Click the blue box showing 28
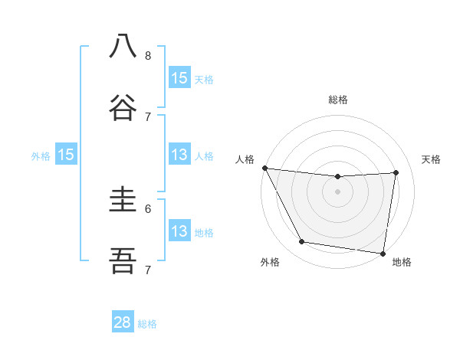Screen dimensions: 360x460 (123, 322)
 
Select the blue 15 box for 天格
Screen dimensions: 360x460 (179, 78)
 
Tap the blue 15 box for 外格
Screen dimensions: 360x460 (66, 155)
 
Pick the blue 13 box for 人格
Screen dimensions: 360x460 (179, 155)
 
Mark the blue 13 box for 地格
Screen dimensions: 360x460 (179, 231)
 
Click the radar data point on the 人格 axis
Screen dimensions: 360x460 (264, 168)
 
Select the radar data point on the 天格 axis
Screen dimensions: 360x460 (396, 172)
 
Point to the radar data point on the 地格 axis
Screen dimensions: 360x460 (383, 253)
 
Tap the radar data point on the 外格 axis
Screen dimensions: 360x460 (301, 242)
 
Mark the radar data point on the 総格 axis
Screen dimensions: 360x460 (338, 177)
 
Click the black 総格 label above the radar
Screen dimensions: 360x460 (338, 100)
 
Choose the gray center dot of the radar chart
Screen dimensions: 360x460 (338, 191)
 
